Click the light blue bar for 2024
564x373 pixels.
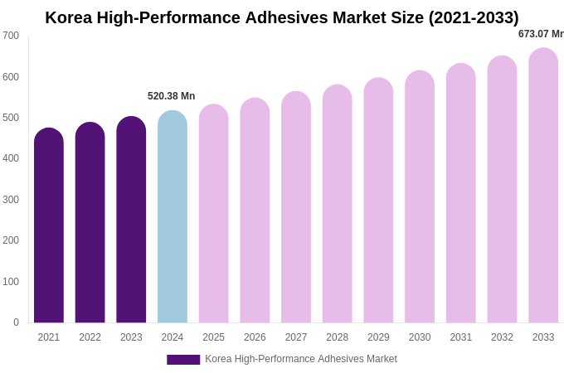click(173, 217)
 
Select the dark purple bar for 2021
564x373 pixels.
click(49, 225)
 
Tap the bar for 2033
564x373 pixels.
click(543, 186)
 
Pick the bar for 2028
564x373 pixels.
click(338, 204)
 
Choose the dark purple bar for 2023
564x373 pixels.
click(131, 220)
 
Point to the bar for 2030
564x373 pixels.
click(420, 197)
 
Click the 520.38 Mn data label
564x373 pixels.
click(172, 96)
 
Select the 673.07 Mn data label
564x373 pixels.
click(541, 34)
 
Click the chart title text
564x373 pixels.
click(282, 17)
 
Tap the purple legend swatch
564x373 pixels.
click(183, 360)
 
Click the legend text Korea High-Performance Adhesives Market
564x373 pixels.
click(301, 359)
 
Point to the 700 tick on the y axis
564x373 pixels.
click(11, 36)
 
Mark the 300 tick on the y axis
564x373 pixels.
click(11, 200)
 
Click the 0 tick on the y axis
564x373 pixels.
click(16, 322)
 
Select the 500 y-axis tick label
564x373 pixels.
click(11, 118)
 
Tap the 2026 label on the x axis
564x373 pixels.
click(255, 337)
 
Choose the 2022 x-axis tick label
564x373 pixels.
click(90, 337)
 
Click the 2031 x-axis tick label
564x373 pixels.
click(460, 337)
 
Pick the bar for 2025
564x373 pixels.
click(213, 214)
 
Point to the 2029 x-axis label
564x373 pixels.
click(378, 337)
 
